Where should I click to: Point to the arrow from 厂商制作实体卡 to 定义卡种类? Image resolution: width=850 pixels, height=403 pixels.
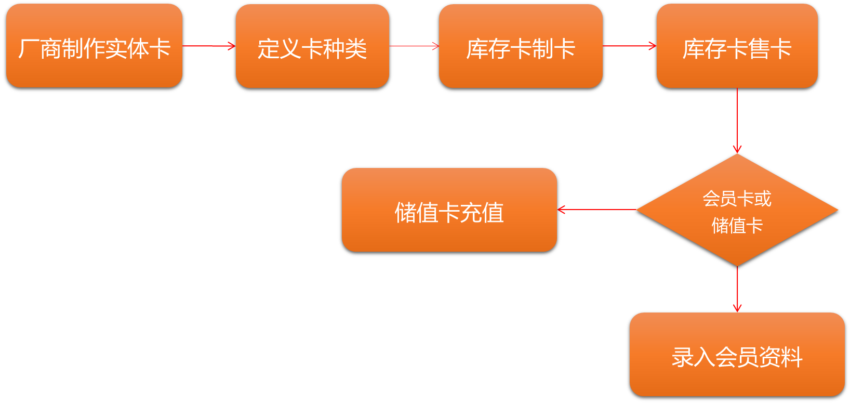[209, 46]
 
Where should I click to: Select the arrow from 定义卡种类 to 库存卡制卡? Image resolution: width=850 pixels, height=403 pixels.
[414, 46]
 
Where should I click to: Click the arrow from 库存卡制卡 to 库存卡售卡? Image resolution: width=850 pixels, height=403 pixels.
[629, 46]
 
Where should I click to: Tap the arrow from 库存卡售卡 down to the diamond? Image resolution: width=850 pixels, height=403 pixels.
[737, 121]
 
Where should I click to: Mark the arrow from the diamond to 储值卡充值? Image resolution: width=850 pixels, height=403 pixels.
[596, 210]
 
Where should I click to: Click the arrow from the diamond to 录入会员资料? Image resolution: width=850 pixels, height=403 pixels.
[737, 289]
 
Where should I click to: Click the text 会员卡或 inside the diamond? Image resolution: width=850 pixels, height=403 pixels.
[737, 199]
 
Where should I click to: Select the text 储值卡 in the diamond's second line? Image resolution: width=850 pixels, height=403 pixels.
[737, 226]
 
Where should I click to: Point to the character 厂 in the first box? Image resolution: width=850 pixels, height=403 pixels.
[28, 49]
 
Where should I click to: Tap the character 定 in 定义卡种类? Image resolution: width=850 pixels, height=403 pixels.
[268, 49]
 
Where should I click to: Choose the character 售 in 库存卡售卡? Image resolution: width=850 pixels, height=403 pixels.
[759, 49]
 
